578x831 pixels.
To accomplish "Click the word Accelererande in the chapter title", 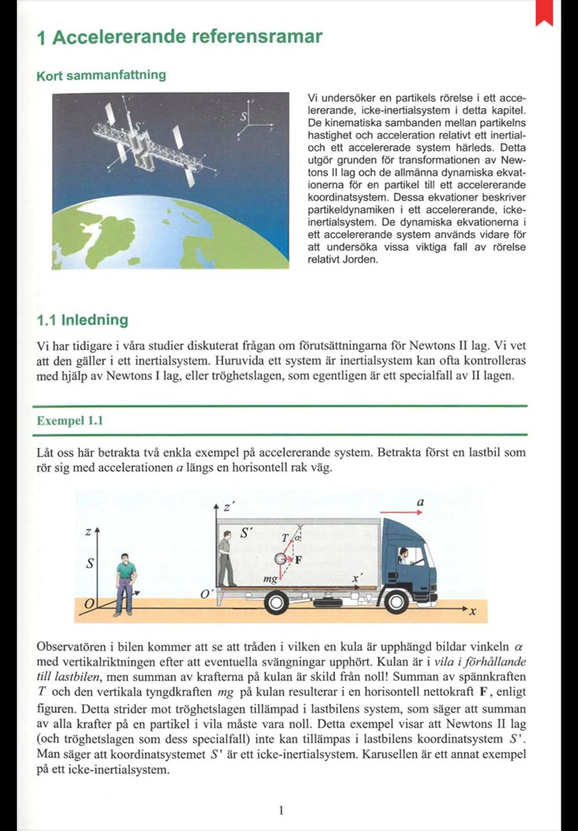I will pos(122,38).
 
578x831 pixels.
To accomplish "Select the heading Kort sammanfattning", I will pos(100,75).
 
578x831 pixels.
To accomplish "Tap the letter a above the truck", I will pos(420,501).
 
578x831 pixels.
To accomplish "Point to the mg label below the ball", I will pos(270,579).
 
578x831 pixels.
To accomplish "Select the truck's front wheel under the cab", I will pos(397,601).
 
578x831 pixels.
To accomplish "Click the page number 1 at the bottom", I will pos(280,810).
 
